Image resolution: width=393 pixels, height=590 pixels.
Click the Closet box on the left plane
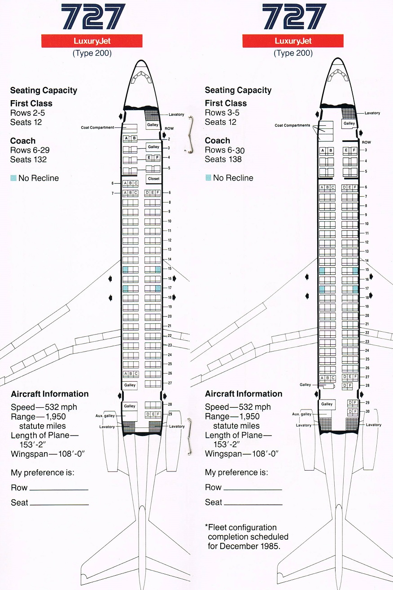[x=153, y=179]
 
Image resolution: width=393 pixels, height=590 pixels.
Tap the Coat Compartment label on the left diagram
[x=97, y=128]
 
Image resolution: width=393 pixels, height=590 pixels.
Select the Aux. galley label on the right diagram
[x=301, y=414]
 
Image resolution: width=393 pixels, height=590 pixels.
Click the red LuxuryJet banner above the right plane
[x=293, y=41]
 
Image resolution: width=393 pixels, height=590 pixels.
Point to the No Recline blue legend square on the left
[x=13, y=178]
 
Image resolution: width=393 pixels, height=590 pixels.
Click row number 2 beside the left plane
[x=169, y=139]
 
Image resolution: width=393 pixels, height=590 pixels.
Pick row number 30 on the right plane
[x=367, y=411]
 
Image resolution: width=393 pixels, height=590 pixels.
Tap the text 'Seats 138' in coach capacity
[x=223, y=159]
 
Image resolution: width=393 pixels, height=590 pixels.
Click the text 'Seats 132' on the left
[x=28, y=159]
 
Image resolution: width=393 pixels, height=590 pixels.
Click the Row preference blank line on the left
[x=59, y=490]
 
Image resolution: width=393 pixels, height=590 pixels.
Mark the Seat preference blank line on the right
[x=253, y=504]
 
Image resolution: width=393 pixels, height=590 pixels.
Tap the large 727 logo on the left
[x=93, y=16]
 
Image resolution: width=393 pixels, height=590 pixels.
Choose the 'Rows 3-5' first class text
[x=222, y=113]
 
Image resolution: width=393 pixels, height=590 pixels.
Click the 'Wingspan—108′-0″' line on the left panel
[x=48, y=454]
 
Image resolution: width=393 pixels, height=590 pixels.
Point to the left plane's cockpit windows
[x=141, y=77]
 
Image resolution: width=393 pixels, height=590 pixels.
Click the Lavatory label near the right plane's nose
[x=372, y=113]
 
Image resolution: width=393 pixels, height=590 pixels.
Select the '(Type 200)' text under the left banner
[x=92, y=53]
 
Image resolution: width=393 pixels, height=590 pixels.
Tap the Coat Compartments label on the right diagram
[x=293, y=125]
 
